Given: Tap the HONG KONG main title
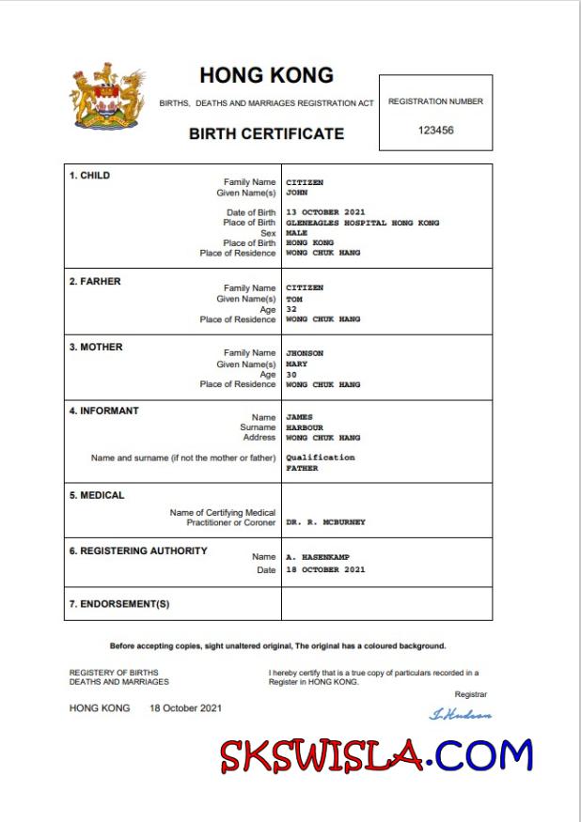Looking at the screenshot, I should click(x=266, y=76).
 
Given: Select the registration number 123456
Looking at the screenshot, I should click(x=435, y=131).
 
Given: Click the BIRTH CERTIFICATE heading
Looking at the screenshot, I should click(x=266, y=133).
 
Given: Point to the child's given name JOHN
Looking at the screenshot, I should click(x=296, y=192).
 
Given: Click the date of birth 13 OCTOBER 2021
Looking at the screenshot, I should click(x=325, y=212).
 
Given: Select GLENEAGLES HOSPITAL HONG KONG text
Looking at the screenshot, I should click(x=362, y=223).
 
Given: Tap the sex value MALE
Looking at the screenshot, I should click(x=296, y=233).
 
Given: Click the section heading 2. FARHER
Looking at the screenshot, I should click(x=94, y=281).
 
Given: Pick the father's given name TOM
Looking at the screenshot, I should click(x=293, y=299).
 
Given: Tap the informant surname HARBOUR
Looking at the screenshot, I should click(x=304, y=427).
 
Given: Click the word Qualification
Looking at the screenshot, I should click(x=320, y=458).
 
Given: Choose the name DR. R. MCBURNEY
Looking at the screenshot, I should click(x=325, y=522).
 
